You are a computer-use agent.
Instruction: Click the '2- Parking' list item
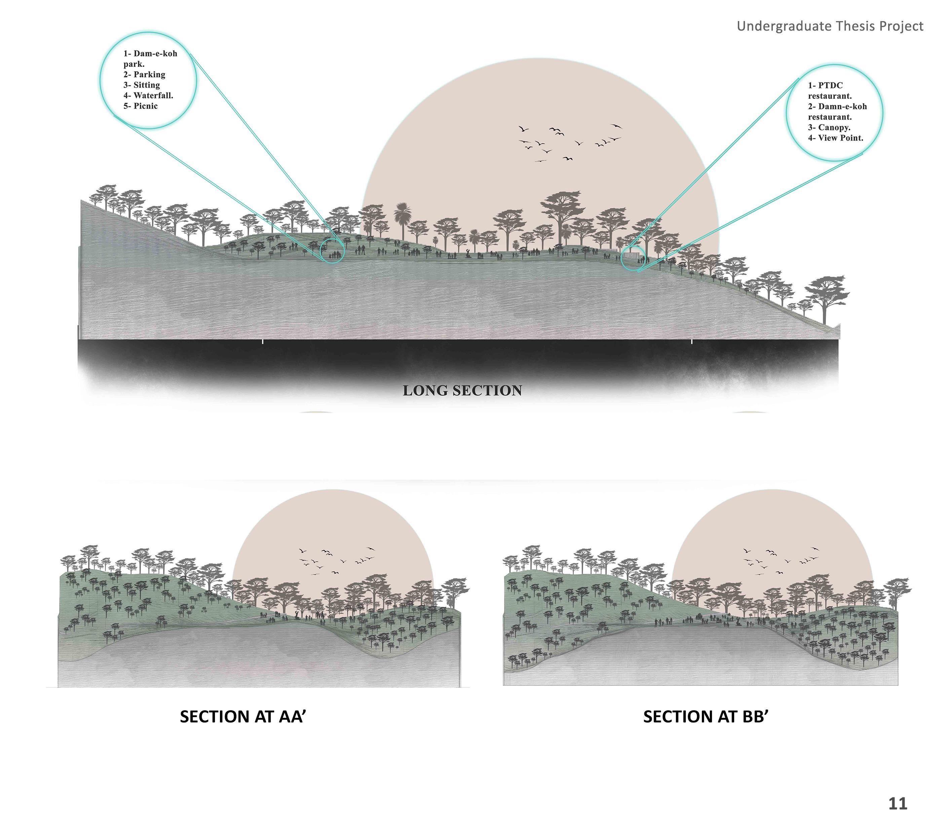coord(144,75)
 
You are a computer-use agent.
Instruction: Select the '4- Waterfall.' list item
coord(148,96)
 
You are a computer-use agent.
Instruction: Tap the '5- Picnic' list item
coord(140,106)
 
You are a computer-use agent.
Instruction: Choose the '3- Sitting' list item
coord(142,85)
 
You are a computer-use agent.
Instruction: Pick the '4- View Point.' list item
coord(835,138)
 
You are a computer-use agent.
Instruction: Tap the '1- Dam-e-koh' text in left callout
coord(150,54)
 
